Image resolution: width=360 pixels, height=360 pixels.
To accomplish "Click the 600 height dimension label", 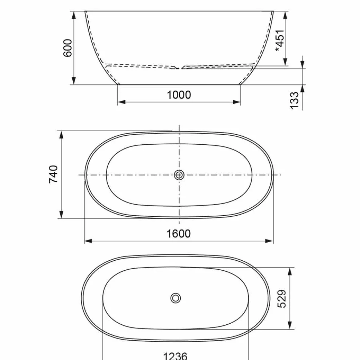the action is click(x=68, y=48).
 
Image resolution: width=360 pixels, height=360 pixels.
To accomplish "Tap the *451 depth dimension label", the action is click(x=280, y=41).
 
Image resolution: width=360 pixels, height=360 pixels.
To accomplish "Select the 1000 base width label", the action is click(x=179, y=95).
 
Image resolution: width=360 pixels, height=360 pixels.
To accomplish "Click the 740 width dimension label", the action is click(x=53, y=174).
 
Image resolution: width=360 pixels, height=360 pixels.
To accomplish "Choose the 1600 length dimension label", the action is click(x=179, y=234).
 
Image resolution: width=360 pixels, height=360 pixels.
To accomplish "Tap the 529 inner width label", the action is click(x=282, y=299).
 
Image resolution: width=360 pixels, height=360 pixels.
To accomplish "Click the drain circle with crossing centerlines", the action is click(x=179, y=175).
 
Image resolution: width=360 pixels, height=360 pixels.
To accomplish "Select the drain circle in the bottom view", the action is click(x=176, y=298).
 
